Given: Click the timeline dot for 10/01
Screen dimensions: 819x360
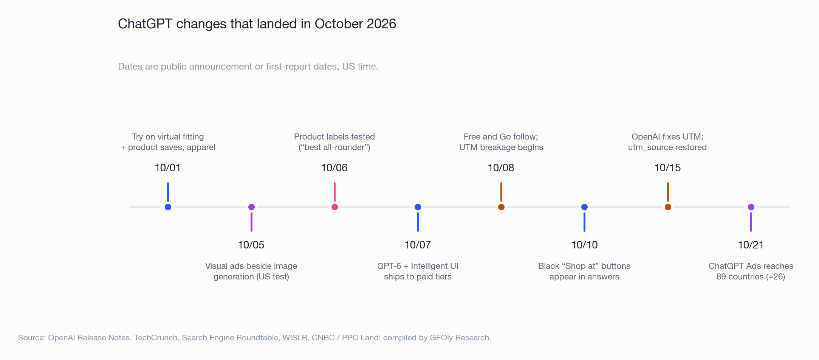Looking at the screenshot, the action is pos(168,207).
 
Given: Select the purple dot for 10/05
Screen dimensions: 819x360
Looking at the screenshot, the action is pos(251,207).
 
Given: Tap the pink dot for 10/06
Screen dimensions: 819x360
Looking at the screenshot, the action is pos(334,207).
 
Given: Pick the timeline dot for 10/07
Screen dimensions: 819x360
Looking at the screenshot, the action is pos(418,207).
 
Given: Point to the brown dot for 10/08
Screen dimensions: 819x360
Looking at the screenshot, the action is pos(501,207).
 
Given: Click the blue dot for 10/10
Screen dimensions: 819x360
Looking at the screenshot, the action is pos(584,207).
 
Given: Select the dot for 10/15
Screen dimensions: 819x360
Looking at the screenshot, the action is pos(668,207).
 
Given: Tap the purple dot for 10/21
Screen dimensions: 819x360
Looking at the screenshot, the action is pos(751,207).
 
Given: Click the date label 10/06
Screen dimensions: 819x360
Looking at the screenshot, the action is pos(334,168).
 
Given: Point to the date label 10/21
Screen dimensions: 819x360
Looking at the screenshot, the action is pos(751,245).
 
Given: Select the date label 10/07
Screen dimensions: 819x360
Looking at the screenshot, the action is pos(418,245).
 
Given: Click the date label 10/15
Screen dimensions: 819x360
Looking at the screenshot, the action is pos(668,168).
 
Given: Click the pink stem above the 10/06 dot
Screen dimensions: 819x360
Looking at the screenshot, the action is pos(334,192).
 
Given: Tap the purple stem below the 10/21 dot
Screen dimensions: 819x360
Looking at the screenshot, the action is pos(751,222).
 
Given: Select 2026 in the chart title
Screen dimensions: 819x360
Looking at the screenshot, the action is pos(381,24).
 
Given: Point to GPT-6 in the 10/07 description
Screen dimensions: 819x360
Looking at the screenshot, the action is pos(389,266).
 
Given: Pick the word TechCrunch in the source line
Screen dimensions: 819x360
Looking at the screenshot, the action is pos(156,338).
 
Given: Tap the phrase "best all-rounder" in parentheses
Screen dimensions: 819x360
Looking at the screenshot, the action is pos(334,147).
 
